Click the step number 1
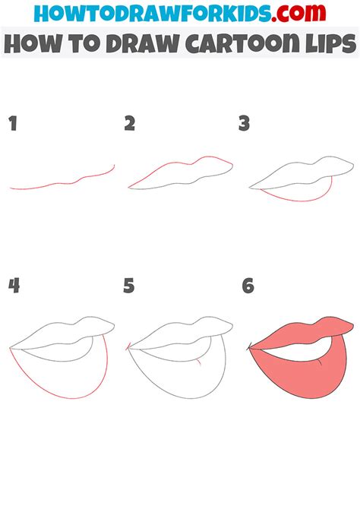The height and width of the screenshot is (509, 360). click(12, 124)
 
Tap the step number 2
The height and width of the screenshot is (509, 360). click(129, 124)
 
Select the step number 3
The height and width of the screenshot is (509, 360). click(244, 124)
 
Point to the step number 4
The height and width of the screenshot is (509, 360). click(14, 286)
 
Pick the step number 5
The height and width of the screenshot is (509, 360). click(129, 286)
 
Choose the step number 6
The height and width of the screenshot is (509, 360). click(247, 286)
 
